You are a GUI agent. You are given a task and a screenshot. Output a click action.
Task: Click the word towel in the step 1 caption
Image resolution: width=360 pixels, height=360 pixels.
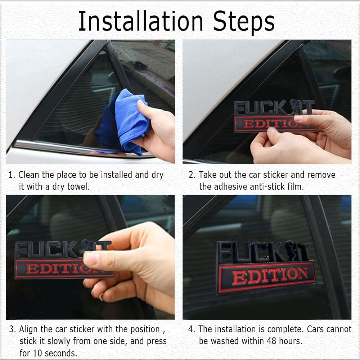point(78,187)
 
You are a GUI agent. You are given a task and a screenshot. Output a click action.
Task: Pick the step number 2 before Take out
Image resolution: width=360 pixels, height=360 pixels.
point(192,175)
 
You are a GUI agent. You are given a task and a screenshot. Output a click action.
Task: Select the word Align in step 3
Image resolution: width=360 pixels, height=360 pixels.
point(28,329)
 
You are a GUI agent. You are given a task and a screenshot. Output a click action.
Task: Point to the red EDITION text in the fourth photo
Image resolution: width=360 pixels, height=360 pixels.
point(270,276)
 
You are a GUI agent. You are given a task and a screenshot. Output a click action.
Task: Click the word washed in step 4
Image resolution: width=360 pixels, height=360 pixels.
point(224,341)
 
